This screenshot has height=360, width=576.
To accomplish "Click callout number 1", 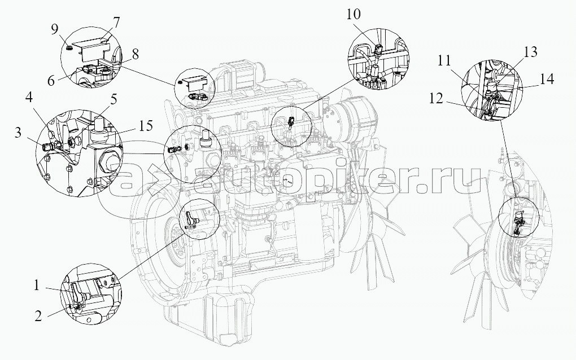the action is coord(36,286).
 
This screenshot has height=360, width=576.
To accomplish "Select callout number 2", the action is coord(38,316).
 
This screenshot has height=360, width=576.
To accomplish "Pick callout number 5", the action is coord(114,100).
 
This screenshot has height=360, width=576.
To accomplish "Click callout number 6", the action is coord(51,80).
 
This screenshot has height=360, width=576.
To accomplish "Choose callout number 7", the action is coord(116,23).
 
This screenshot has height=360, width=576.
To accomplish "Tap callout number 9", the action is coord(55,29).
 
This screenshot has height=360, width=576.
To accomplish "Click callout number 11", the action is coord(444,61).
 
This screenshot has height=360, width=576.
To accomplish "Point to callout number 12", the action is coord(437,100).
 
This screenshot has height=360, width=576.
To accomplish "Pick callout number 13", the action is coord(530,52).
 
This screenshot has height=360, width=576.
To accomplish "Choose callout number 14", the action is coord(547,79).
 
